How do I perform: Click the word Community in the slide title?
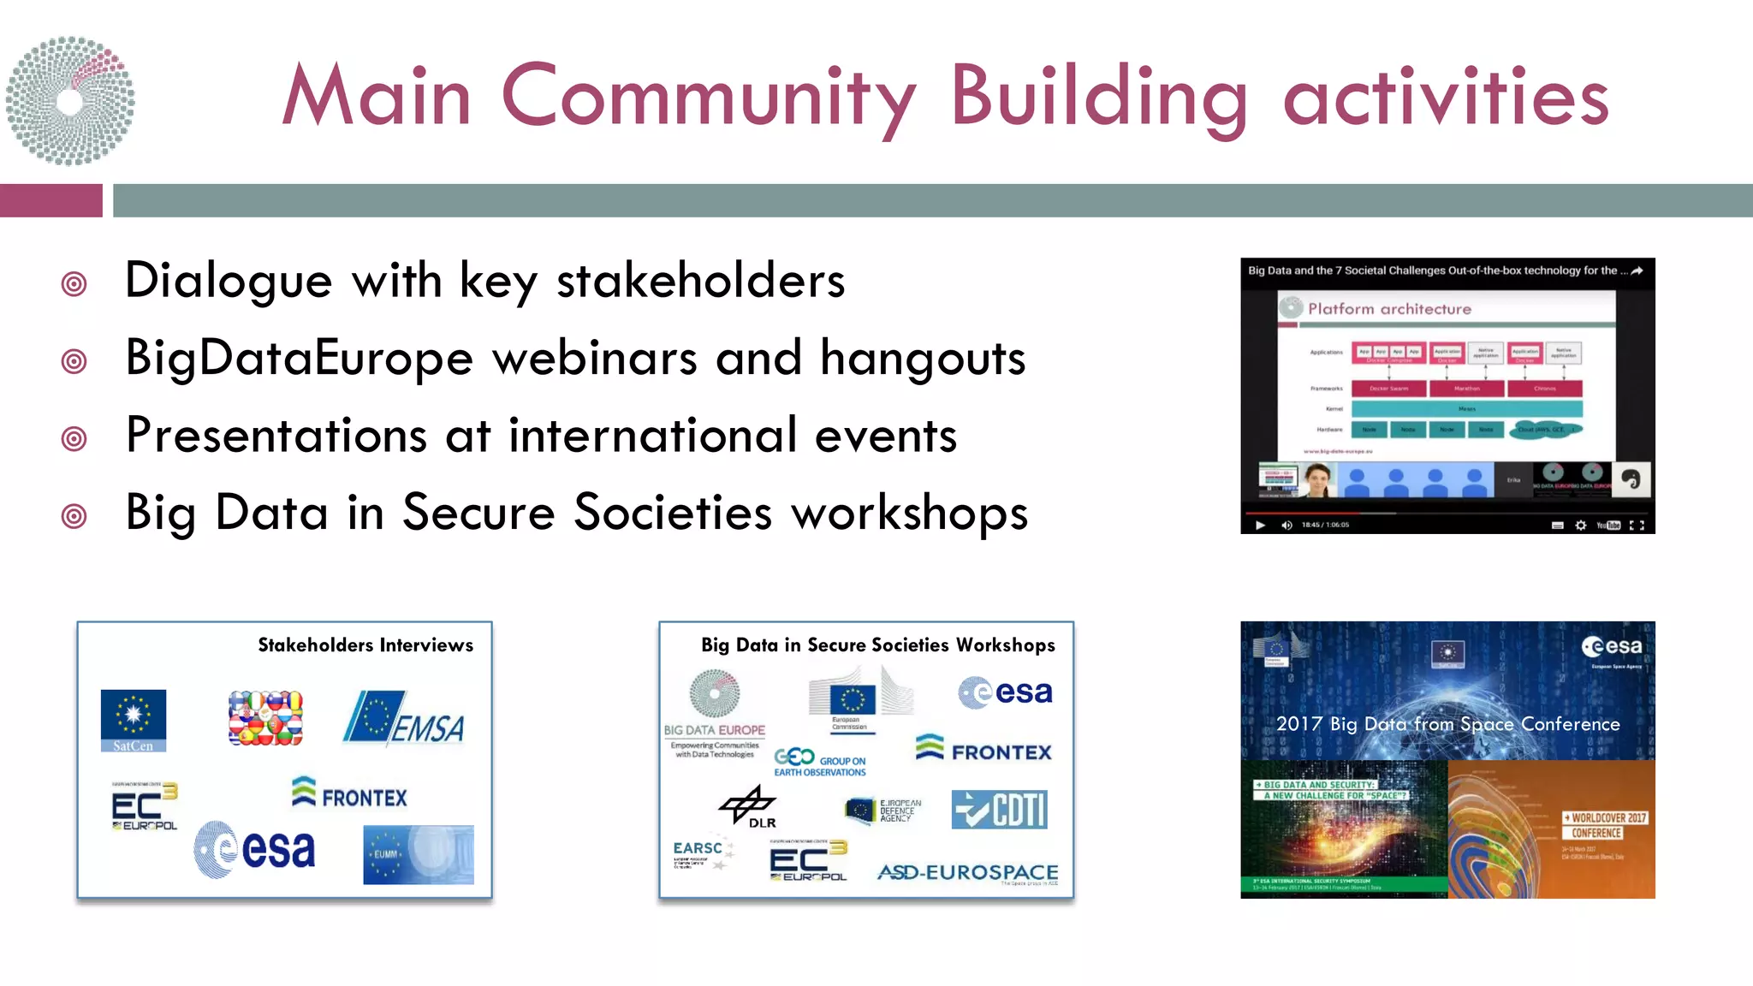tap(709, 97)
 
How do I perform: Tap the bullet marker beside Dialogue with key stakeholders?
tap(74, 283)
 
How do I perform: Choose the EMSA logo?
tap(405, 719)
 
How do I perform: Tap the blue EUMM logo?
tap(418, 854)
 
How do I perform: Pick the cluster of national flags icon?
tap(265, 718)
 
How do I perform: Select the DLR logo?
tap(749, 806)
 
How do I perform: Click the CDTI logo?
tap(1000, 810)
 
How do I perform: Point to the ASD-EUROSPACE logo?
tap(967, 872)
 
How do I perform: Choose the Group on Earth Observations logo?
tap(820, 761)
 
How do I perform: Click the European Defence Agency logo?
tap(883, 811)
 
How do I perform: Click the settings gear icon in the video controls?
tap(1581, 526)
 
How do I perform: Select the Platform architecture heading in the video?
tap(1389, 309)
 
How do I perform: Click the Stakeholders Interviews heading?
tap(365, 645)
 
